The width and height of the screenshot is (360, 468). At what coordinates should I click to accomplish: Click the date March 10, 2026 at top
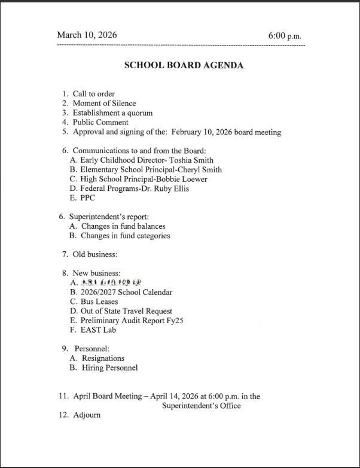(87, 35)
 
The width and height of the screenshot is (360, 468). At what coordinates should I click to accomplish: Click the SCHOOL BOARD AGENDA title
(184, 65)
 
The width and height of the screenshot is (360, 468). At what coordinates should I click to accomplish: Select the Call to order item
(93, 94)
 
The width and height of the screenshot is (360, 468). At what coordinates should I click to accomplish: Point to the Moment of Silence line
(104, 104)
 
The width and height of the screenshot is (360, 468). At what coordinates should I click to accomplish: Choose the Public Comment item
(100, 123)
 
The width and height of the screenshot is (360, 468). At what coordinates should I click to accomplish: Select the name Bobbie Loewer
(179, 179)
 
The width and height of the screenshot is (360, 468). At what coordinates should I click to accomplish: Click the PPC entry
(87, 198)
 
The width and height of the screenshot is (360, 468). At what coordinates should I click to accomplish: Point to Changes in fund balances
(123, 226)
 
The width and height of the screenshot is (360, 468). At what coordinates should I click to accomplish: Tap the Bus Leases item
(99, 302)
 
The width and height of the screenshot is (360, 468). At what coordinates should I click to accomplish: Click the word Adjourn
(87, 415)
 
